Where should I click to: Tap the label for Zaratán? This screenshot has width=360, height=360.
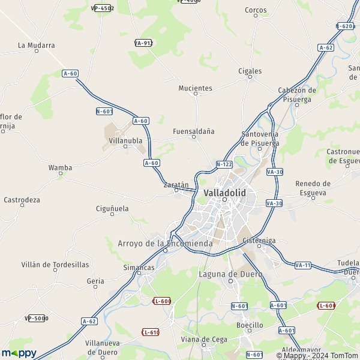coord(176,185)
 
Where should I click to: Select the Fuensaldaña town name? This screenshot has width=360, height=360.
coord(193,131)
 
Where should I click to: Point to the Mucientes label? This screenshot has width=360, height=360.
coord(195,88)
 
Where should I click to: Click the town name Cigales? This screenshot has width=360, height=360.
coord(250,71)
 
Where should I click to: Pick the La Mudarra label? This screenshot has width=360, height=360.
coord(36,45)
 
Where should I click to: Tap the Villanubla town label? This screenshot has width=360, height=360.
coord(125,140)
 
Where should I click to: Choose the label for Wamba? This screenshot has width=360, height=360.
coord(60,168)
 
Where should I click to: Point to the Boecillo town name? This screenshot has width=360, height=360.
coord(250,325)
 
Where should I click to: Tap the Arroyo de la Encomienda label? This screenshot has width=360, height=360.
coord(165,244)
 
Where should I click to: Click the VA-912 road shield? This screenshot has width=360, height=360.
coord(144,43)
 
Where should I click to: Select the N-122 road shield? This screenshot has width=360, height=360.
coord(224,164)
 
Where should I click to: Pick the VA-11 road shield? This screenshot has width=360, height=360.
coord(302,265)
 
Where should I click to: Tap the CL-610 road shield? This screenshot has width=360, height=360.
coord(150,332)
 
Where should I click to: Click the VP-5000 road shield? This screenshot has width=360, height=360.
coord(36,318)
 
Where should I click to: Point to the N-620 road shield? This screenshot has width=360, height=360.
coord(345,26)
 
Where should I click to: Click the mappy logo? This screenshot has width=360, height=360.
coord(19,353)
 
